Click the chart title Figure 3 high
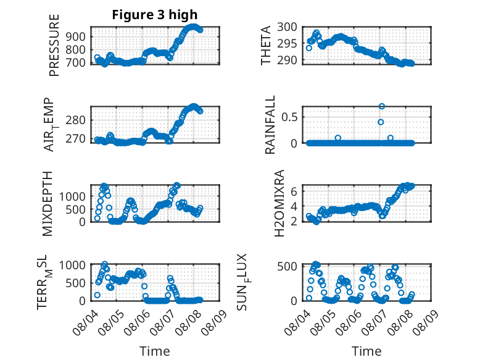[155, 15]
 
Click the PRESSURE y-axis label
[54, 45]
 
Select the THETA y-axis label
[266, 45]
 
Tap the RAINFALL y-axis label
[270, 125]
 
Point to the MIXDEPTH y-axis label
[48, 204]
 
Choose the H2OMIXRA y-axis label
[279, 203]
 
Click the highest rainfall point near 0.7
[381, 106]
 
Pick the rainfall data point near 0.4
[381, 122]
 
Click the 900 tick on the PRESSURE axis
[76, 36]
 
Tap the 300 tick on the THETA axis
[287, 27]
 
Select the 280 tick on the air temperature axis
[76, 120]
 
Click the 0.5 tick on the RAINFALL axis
[289, 117]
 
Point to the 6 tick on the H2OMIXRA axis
[294, 191]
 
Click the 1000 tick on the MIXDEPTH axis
[73, 196]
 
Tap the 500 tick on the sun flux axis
[287, 266]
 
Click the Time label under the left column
[155, 351]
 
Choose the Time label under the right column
[366, 351]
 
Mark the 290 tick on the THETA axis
[287, 60]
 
